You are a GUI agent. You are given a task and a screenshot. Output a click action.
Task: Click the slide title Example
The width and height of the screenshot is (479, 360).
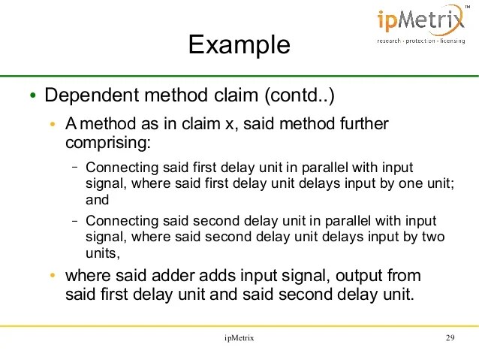click(x=239, y=44)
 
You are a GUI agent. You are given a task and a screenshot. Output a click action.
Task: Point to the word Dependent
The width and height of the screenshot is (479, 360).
click(x=84, y=96)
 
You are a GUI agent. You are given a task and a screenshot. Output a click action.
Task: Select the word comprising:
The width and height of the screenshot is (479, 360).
click(x=108, y=141)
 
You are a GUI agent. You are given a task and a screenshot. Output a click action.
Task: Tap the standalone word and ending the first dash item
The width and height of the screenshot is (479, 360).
click(x=97, y=200)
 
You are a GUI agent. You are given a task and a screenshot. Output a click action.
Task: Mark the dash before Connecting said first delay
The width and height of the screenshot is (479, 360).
click(x=75, y=167)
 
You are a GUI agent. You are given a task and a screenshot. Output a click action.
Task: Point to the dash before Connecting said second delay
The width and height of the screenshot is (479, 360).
click(x=75, y=221)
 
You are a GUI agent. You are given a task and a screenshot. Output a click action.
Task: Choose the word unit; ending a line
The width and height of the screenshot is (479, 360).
click(x=438, y=183)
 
